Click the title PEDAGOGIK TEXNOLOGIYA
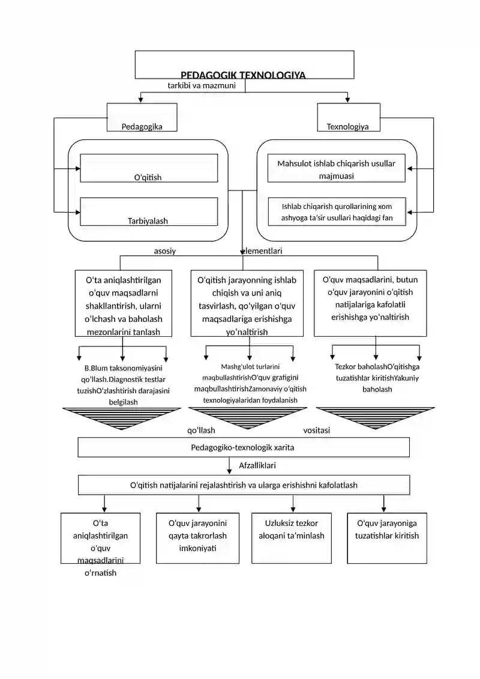tap(243, 75)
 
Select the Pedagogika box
tap(142, 117)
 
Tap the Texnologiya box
tap(349, 117)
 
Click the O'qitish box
tap(149, 168)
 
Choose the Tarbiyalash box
tap(149, 212)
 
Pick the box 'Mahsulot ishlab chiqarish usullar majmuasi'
tap(337, 168)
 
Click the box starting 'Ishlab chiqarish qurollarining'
tap(337, 212)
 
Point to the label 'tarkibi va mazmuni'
tap(202, 85)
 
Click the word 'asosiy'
tap(165, 251)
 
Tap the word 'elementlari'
tap(262, 251)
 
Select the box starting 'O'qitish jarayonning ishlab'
tap(247, 304)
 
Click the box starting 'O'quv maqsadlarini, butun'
tap(370, 304)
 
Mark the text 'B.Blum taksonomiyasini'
tap(124, 368)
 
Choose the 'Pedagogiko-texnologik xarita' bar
tap(244, 447)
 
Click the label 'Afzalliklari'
tap(257, 465)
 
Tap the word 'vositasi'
tap(316, 430)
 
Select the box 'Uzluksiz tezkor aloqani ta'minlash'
tap(292, 539)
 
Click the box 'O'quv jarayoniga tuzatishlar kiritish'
tap(387, 539)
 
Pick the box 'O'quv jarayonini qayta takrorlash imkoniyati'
tap(198, 539)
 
